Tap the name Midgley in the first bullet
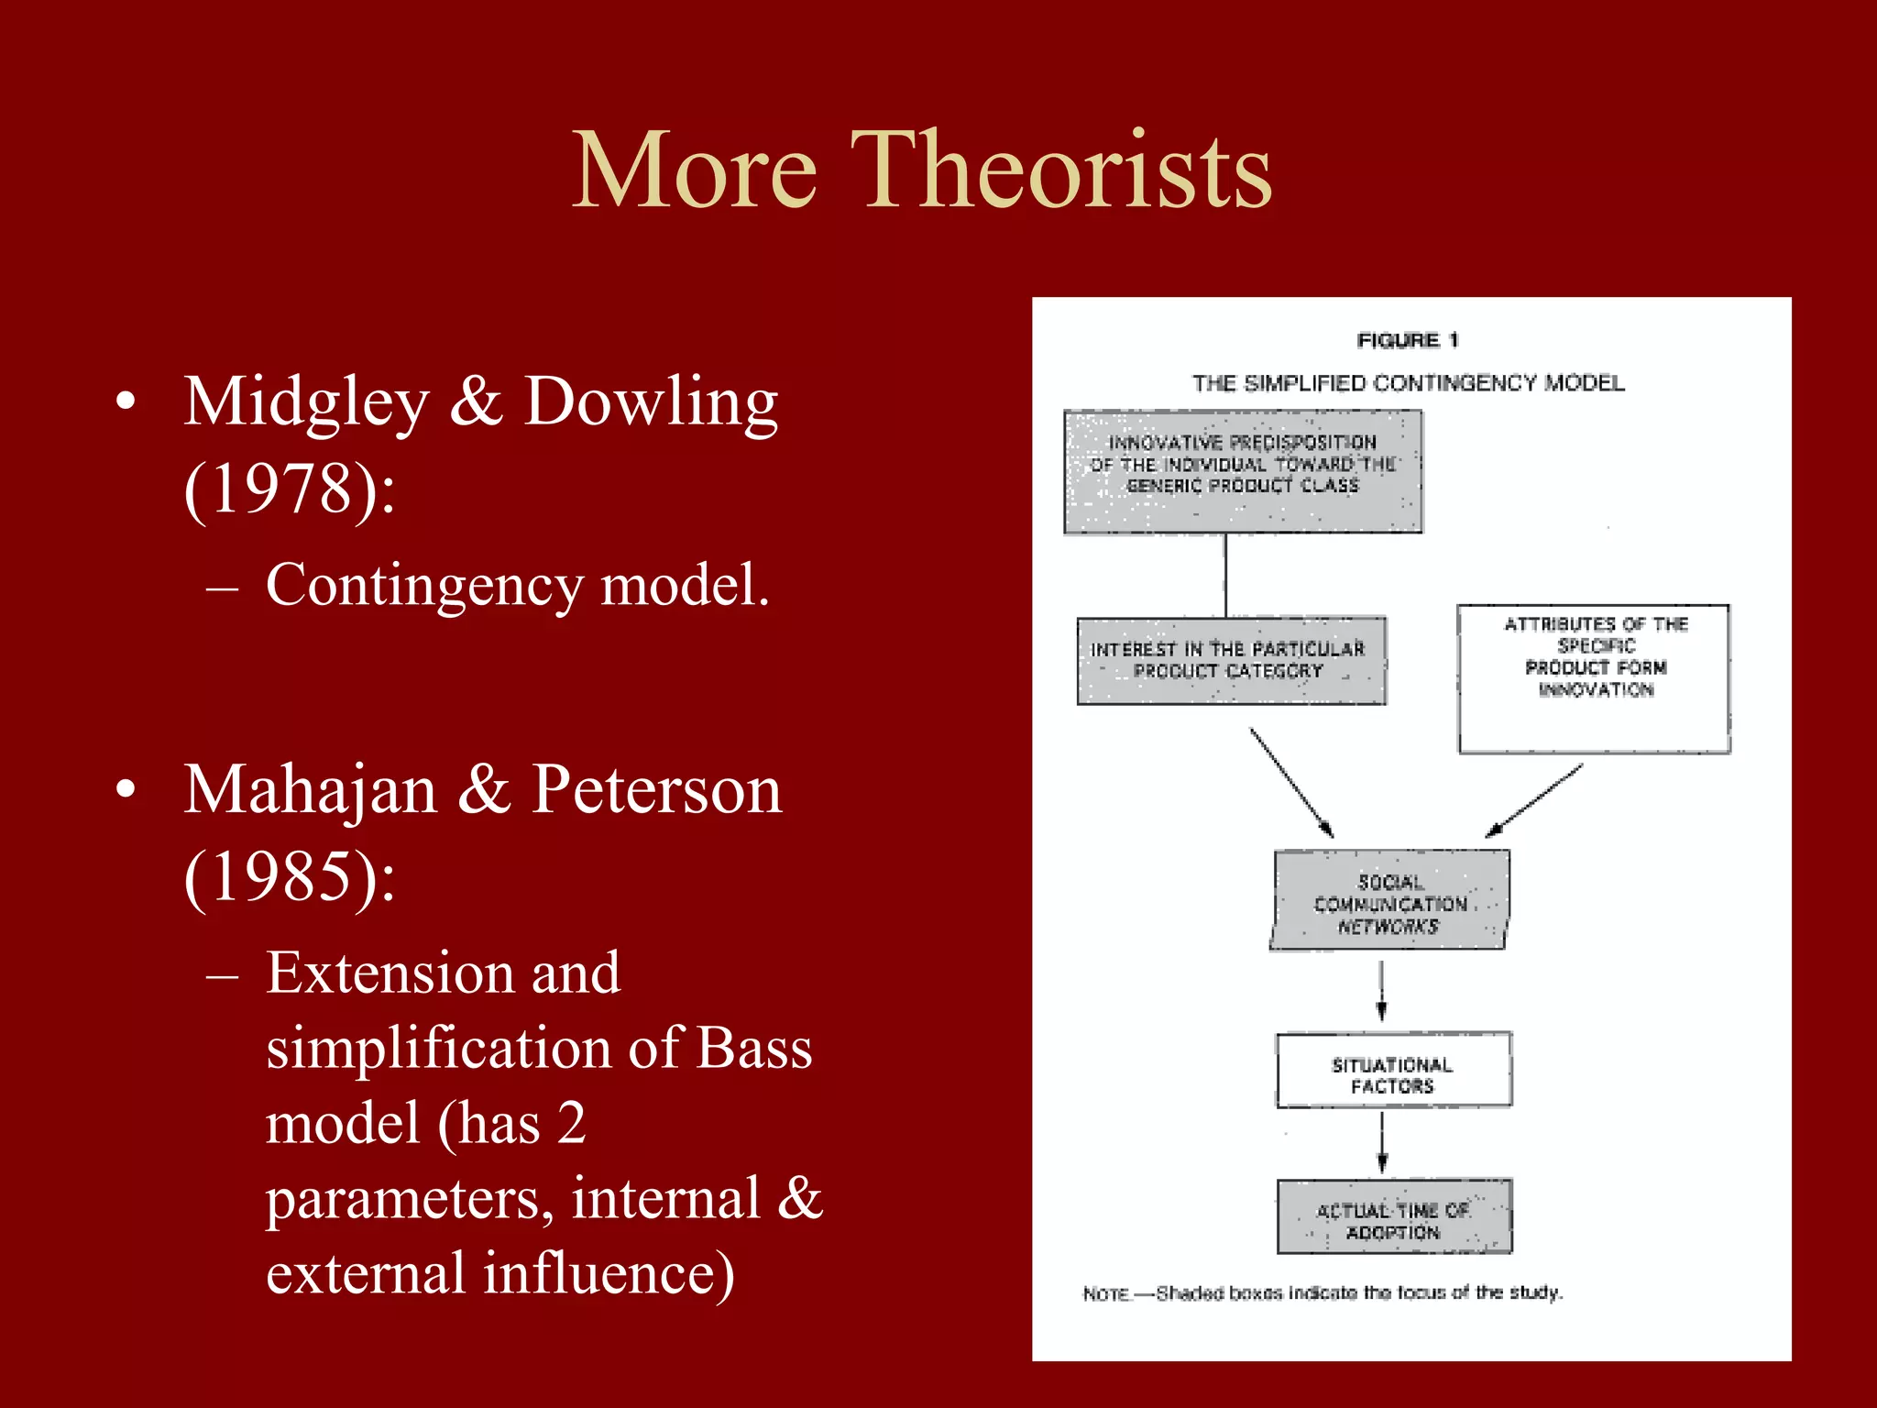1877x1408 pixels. pos(306,402)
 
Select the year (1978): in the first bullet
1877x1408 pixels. pos(290,489)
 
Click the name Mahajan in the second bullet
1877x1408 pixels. pos(311,790)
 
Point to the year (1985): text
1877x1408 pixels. pos(290,877)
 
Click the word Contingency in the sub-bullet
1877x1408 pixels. pos(423,586)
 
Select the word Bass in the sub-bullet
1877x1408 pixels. pos(753,1048)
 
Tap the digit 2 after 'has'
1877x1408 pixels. pos(571,1123)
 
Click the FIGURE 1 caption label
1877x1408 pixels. pos(1408,340)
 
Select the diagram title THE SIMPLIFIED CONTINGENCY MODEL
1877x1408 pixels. pos(1408,383)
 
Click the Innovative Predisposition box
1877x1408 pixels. pos(1243,471)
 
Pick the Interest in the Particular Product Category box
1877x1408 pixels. pos(1231,661)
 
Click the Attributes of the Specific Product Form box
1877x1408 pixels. pos(1594,678)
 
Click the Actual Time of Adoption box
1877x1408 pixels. pos(1394,1217)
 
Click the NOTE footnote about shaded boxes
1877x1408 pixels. pos(1322,1292)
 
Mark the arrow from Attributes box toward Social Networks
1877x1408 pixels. pos(1533,802)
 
